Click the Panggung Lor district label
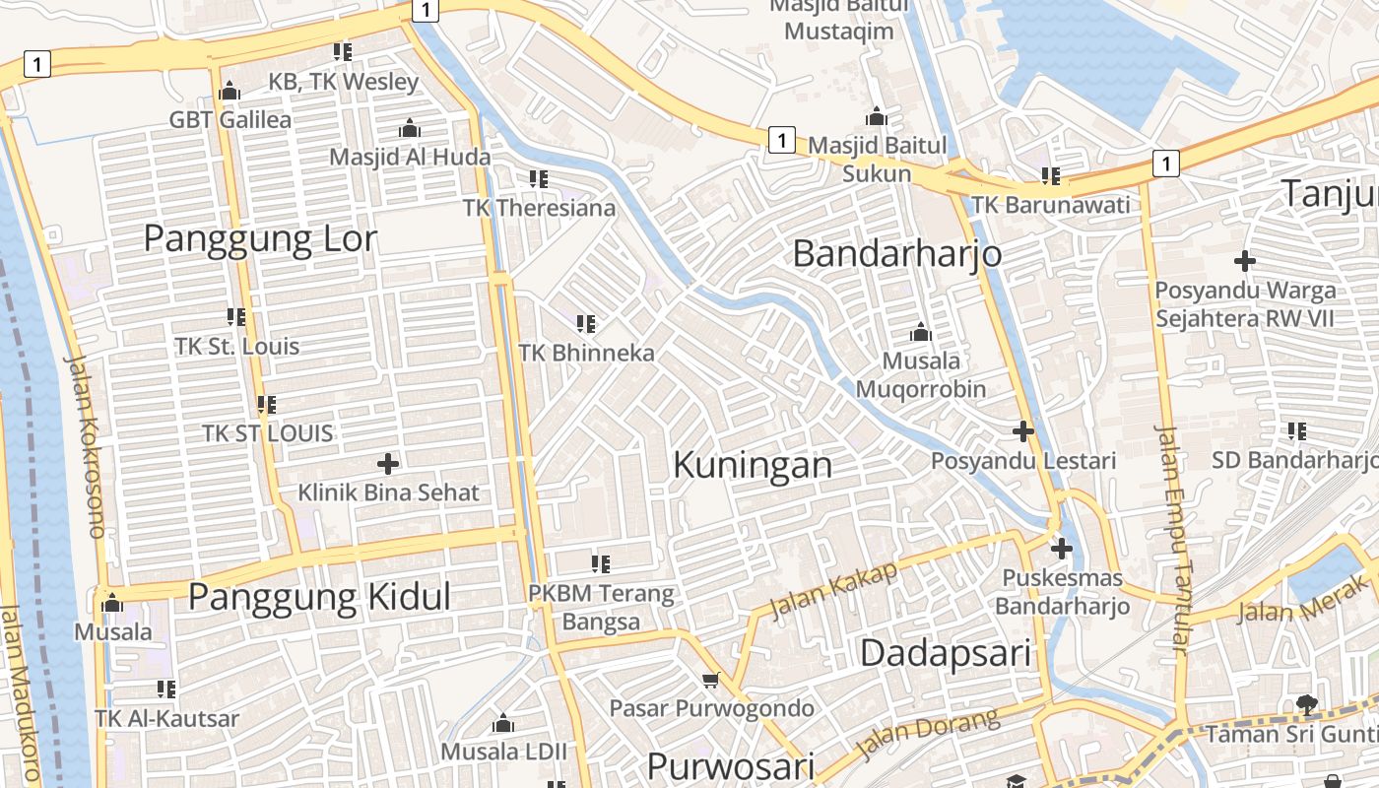(260, 238)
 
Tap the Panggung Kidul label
(319, 597)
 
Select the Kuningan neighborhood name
(753, 465)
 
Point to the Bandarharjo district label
(897, 254)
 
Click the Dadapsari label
(946, 652)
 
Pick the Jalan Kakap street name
(833, 590)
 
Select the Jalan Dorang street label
(928, 733)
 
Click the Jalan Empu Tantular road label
(1172, 540)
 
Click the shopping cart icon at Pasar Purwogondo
(711, 680)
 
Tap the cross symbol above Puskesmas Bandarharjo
(1062, 549)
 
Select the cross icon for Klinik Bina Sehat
(388, 463)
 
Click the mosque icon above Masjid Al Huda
(410, 128)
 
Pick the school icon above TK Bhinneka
(586, 323)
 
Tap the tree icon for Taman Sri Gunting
(1307, 704)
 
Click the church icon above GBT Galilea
(230, 92)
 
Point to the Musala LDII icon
(503, 724)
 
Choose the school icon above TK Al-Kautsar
(166, 689)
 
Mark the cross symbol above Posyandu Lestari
(1023, 430)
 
